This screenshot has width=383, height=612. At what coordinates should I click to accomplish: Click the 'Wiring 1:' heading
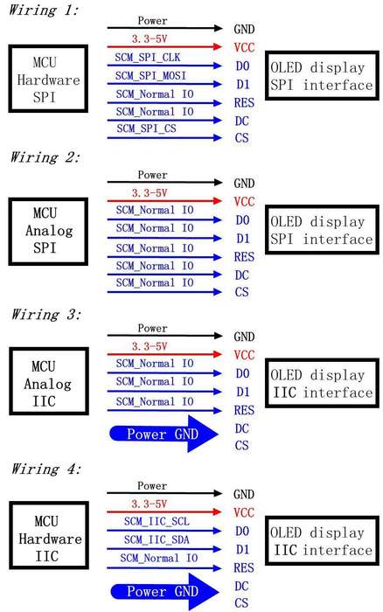point(44,10)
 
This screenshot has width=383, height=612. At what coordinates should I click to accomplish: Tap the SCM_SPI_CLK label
point(148,58)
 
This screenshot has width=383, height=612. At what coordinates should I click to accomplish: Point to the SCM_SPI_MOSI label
point(150,75)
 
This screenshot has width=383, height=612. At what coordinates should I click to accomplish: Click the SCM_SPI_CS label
point(146,128)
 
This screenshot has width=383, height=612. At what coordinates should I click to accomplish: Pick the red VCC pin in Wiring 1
point(244,47)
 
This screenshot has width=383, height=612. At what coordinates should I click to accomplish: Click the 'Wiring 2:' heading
point(45,156)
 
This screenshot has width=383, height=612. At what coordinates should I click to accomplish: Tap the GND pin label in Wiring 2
point(244,183)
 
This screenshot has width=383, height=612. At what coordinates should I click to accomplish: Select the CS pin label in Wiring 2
point(242,292)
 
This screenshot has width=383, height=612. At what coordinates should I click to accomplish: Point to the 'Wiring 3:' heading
point(46,314)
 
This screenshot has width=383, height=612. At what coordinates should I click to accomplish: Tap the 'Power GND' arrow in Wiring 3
point(164,434)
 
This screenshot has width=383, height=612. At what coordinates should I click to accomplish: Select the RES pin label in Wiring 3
point(244,410)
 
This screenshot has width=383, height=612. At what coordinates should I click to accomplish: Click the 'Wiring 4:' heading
point(46,469)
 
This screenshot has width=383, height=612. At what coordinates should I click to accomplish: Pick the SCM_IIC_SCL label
point(157,521)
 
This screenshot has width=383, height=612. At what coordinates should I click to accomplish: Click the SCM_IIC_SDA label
point(157,539)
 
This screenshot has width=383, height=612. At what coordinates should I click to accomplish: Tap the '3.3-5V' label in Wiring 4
point(149,504)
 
